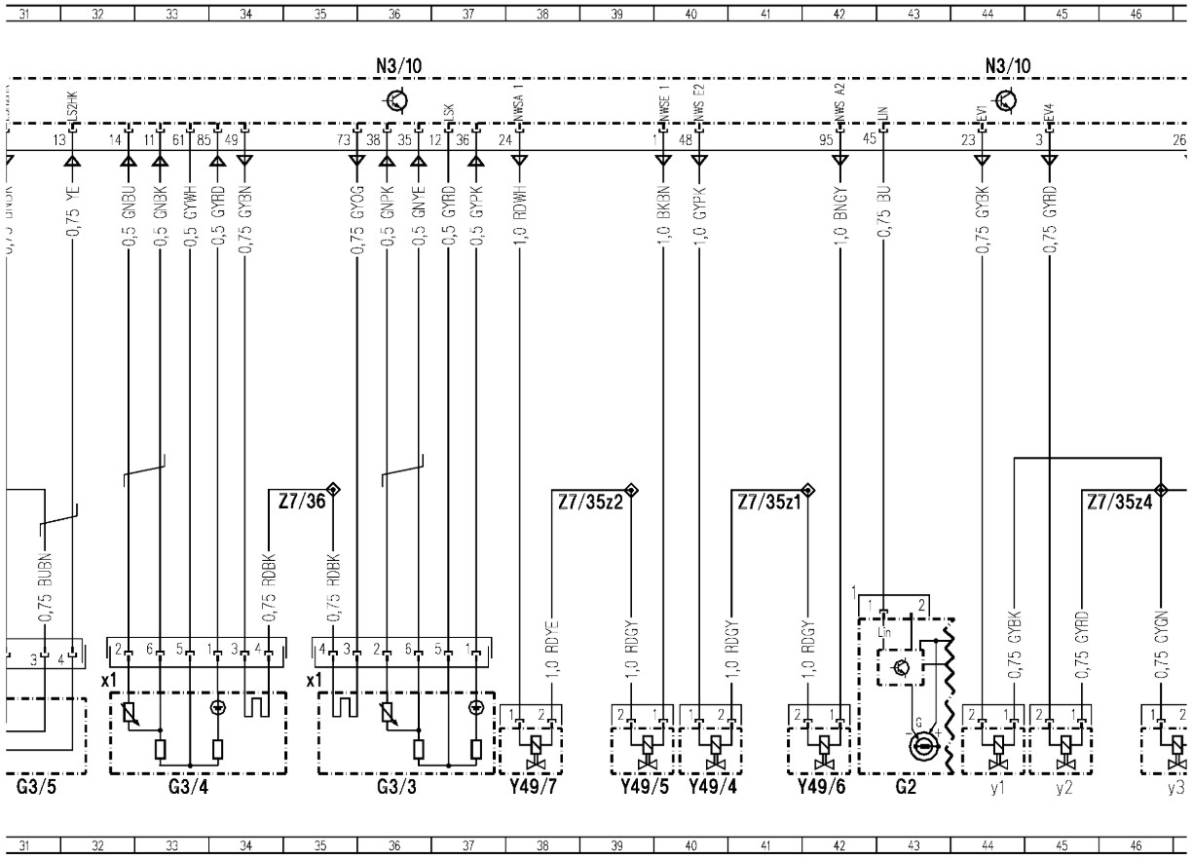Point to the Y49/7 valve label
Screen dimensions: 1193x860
tap(532, 789)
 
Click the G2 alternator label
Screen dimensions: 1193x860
tap(906, 789)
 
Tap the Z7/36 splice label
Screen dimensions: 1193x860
tap(295, 503)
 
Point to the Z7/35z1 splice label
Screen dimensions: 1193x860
tap(767, 503)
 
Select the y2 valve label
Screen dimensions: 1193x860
tap(1063, 789)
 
